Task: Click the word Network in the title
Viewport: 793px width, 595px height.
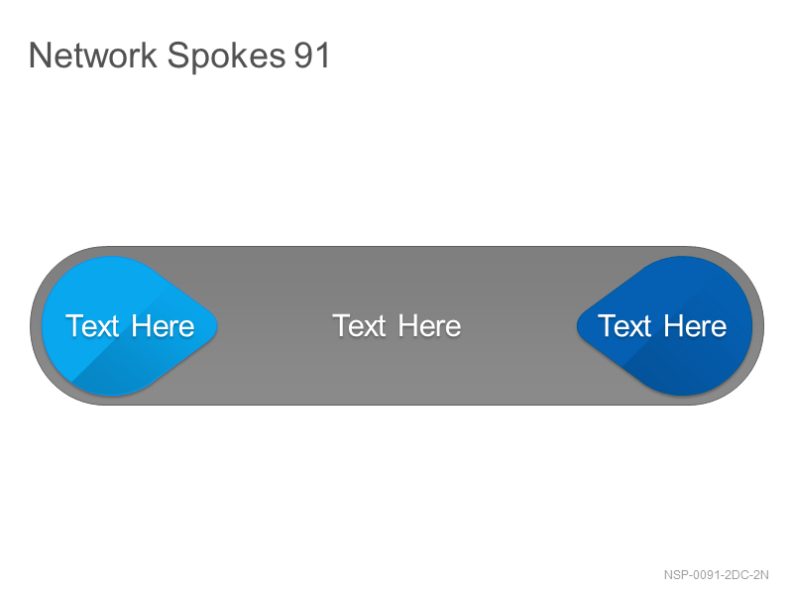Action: [93, 55]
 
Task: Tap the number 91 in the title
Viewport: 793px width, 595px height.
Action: [311, 56]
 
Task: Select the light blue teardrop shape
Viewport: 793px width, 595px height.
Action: [130, 326]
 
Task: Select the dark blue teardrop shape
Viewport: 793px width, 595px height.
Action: [664, 326]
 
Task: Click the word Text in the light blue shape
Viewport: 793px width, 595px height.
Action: [92, 326]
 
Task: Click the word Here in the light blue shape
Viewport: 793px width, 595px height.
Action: [163, 326]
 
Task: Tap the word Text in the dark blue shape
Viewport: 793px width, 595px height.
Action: [624, 326]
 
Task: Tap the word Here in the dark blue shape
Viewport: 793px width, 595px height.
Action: [696, 326]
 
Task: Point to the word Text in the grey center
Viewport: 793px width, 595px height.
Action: [359, 326]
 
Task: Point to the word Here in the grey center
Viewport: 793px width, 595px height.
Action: [429, 326]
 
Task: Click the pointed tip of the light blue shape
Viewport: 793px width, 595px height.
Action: [217, 326]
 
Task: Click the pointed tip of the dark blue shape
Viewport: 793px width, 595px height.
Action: [577, 326]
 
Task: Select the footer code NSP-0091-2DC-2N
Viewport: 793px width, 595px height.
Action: [716, 575]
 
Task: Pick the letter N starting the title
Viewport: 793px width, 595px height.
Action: [40, 56]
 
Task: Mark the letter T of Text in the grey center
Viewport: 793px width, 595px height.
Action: [341, 326]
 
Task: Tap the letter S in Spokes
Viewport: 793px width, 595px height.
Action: [177, 56]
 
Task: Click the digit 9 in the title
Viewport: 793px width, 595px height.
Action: [303, 56]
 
